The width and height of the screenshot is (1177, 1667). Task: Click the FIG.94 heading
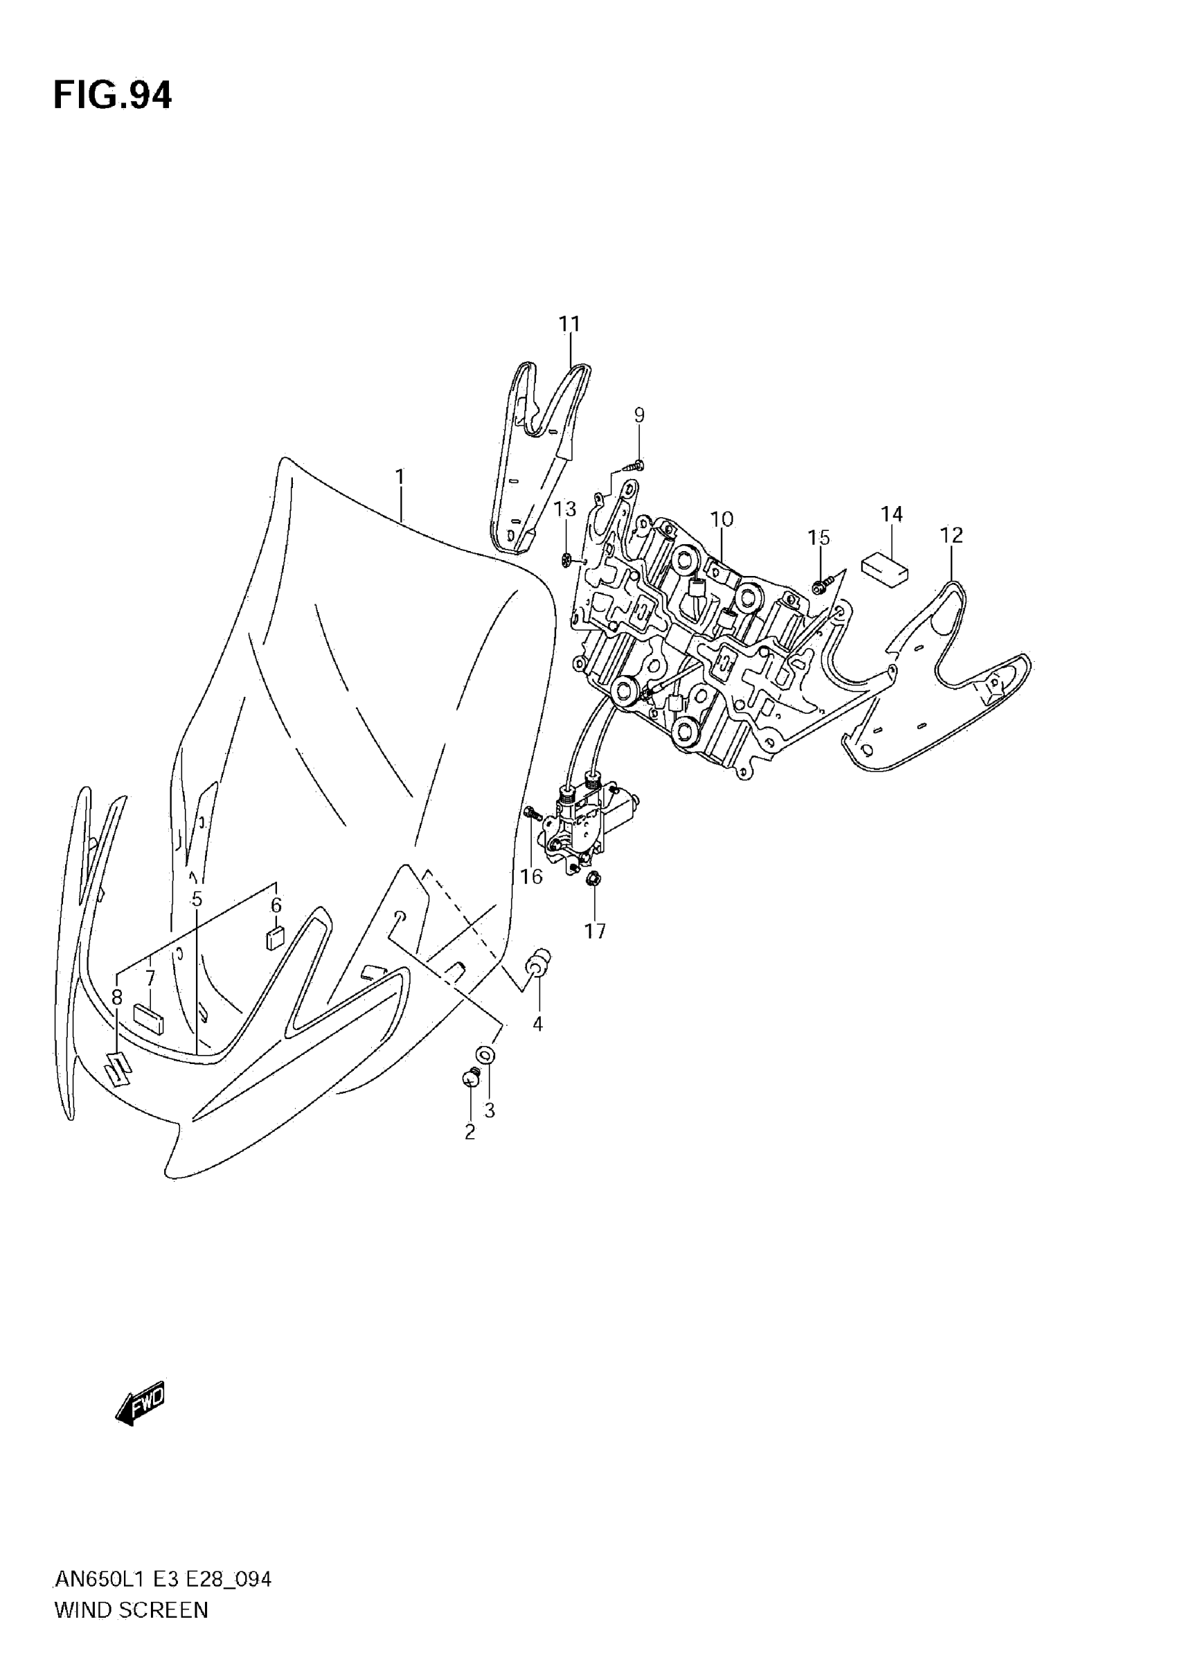[x=113, y=96]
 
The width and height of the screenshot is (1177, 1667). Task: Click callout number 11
[x=570, y=324]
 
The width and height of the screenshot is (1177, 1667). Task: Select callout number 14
[x=892, y=514]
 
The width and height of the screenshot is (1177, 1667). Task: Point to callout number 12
[x=951, y=535]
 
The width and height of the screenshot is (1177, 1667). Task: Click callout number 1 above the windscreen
[x=399, y=477]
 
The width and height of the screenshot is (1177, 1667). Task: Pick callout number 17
[x=595, y=931]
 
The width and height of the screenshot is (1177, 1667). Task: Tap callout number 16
[x=532, y=876]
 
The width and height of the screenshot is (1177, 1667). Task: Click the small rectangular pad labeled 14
[x=884, y=569]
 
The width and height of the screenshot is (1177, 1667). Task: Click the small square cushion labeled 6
[x=275, y=938]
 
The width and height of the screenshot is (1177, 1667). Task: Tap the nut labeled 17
[x=592, y=880]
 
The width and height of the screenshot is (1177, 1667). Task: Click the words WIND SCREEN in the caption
[x=132, y=1631]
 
